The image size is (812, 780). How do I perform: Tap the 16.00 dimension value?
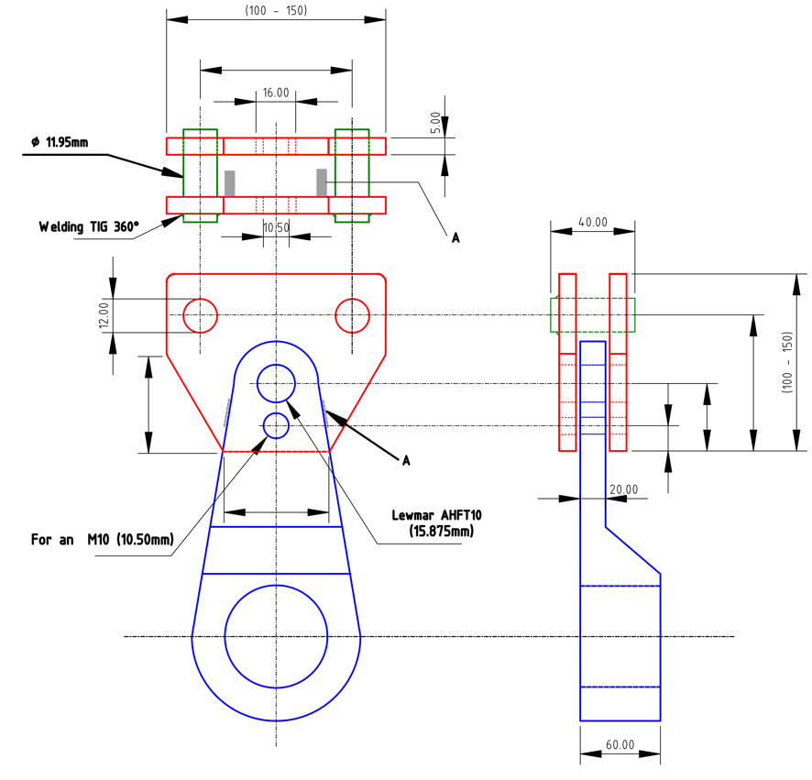click(276, 93)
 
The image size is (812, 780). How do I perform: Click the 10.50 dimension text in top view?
click(276, 226)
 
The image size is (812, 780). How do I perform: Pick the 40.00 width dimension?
click(593, 222)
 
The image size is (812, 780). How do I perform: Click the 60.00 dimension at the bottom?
click(620, 744)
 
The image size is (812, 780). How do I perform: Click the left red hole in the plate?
click(200, 315)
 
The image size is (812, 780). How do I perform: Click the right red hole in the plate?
click(352, 315)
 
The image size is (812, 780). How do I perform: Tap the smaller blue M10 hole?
click(276, 425)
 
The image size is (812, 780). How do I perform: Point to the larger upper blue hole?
click(276, 383)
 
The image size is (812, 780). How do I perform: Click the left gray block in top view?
click(229, 181)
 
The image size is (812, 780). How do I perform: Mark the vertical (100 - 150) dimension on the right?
click(786, 363)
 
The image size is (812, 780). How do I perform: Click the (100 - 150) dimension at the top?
click(276, 10)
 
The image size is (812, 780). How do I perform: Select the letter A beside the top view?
click(455, 237)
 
